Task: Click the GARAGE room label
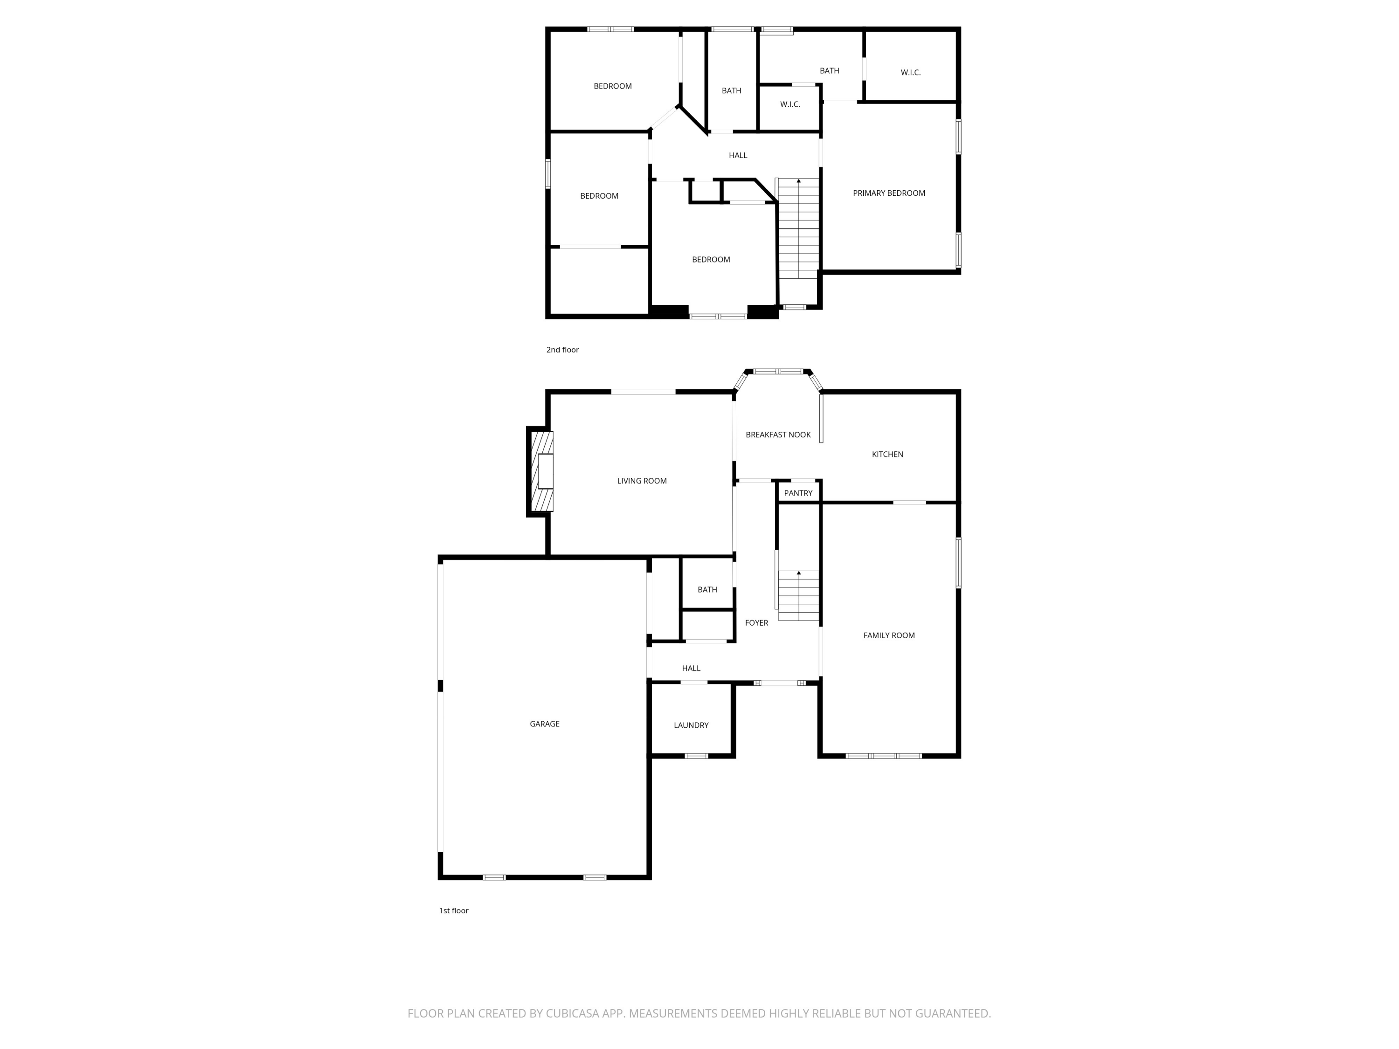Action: coord(545,724)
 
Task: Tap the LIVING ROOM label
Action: coord(642,481)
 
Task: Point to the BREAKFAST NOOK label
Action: coord(778,435)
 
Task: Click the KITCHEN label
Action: coord(887,455)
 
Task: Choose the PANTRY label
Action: coord(798,493)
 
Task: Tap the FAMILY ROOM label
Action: coord(889,635)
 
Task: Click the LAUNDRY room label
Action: coord(691,725)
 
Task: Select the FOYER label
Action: coord(756,623)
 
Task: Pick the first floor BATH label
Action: coord(707,590)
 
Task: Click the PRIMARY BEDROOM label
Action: coord(889,193)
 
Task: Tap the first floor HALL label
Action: coord(691,669)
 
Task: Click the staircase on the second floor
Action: coord(799,228)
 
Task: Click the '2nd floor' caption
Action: coord(562,350)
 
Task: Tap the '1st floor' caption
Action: coord(453,911)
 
